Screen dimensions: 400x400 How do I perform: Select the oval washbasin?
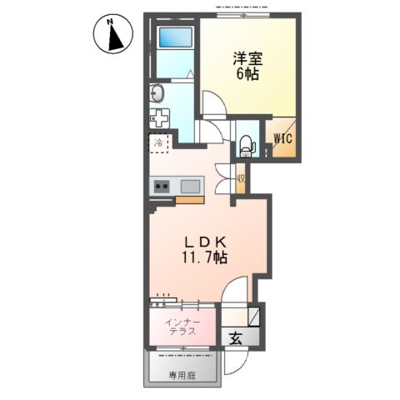[157, 92]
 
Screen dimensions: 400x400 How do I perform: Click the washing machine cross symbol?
[159, 117]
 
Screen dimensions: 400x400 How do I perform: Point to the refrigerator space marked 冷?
[159, 143]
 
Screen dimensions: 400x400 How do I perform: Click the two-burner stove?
[161, 186]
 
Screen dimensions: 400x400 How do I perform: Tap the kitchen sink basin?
[189, 186]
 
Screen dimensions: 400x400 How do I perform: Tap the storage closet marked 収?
[240, 178]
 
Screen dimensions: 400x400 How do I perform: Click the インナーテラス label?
[181, 326]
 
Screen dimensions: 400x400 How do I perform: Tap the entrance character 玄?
[236, 338]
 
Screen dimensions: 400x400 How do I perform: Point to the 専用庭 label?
[185, 376]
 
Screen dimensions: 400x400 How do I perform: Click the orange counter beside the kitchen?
[189, 200]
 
